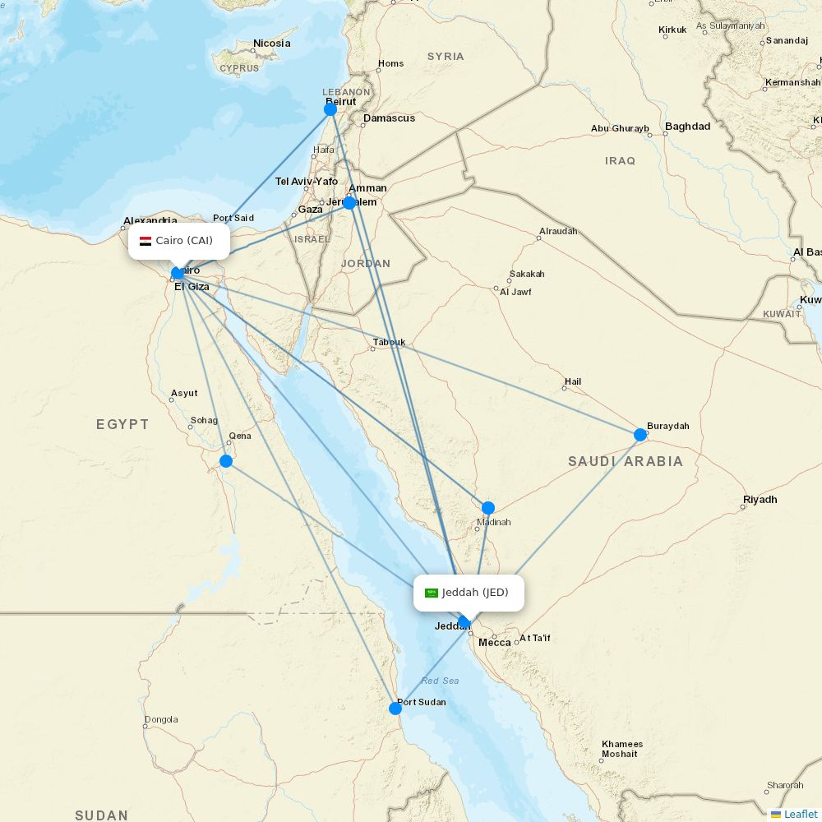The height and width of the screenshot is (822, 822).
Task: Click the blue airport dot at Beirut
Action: (330, 109)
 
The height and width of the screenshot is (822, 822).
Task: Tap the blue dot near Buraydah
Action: (640, 435)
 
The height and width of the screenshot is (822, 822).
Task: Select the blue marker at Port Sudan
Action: (395, 708)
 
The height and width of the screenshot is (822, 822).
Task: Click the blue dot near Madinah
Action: (488, 508)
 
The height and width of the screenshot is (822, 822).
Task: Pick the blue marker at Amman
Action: (349, 202)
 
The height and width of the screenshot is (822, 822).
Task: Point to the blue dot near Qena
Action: (226, 461)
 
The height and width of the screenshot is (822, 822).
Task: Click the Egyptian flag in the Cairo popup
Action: (145, 241)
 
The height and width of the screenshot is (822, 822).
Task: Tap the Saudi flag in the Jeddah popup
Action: (432, 593)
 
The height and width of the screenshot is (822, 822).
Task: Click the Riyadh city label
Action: (760, 500)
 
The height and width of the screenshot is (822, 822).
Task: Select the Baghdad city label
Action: (687, 127)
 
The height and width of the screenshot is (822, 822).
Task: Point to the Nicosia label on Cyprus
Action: (272, 44)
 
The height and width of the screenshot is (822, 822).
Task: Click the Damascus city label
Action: (389, 118)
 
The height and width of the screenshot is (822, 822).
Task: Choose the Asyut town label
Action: (184, 394)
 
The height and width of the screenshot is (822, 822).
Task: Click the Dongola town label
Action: (161, 720)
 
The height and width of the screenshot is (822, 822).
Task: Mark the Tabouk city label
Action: (389, 342)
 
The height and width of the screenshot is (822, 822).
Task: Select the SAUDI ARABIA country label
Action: (625, 462)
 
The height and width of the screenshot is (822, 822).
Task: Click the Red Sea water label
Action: (440, 681)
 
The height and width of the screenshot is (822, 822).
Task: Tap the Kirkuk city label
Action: (672, 30)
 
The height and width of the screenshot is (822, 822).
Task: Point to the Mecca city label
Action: (495, 642)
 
